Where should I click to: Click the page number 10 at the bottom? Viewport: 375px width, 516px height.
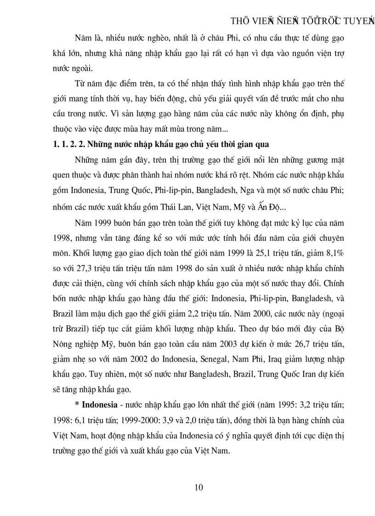199,488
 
